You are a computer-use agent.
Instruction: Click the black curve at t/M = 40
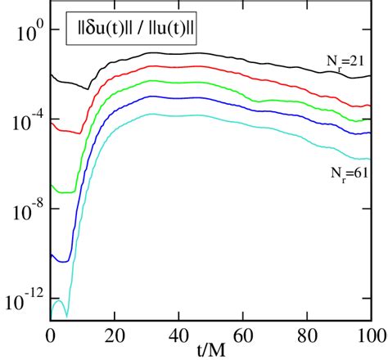click(x=178, y=54)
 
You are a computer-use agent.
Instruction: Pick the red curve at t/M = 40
click(x=178, y=66)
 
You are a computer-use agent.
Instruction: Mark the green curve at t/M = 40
click(x=178, y=82)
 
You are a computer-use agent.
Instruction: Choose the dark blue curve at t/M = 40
click(x=178, y=97)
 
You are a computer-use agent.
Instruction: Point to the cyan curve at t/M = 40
click(x=178, y=116)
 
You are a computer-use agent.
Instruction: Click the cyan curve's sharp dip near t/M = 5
click(x=66, y=314)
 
